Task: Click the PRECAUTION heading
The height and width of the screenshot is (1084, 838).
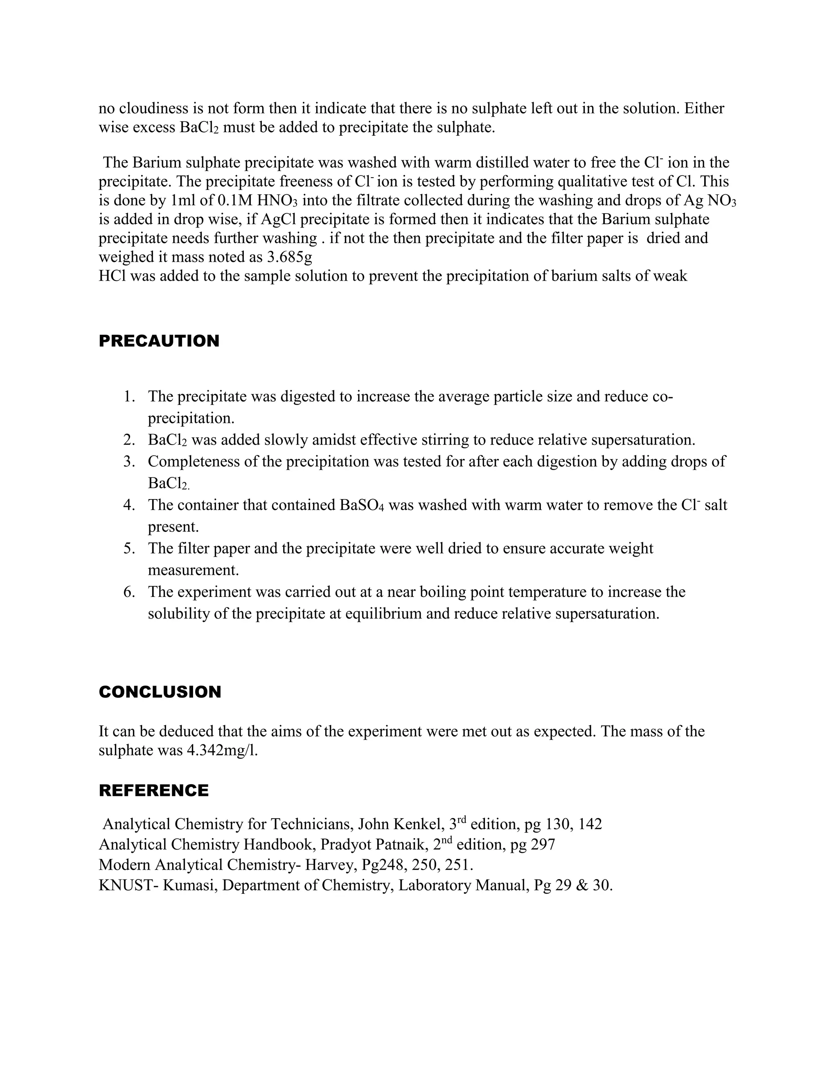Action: click(159, 341)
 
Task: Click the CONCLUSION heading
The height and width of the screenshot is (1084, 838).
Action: click(160, 692)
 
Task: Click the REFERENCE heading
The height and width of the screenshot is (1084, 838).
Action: click(153, 791)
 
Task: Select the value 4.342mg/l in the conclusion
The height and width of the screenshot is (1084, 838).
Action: click(222, 751)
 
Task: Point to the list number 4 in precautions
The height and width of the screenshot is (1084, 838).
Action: click(129, 505)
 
